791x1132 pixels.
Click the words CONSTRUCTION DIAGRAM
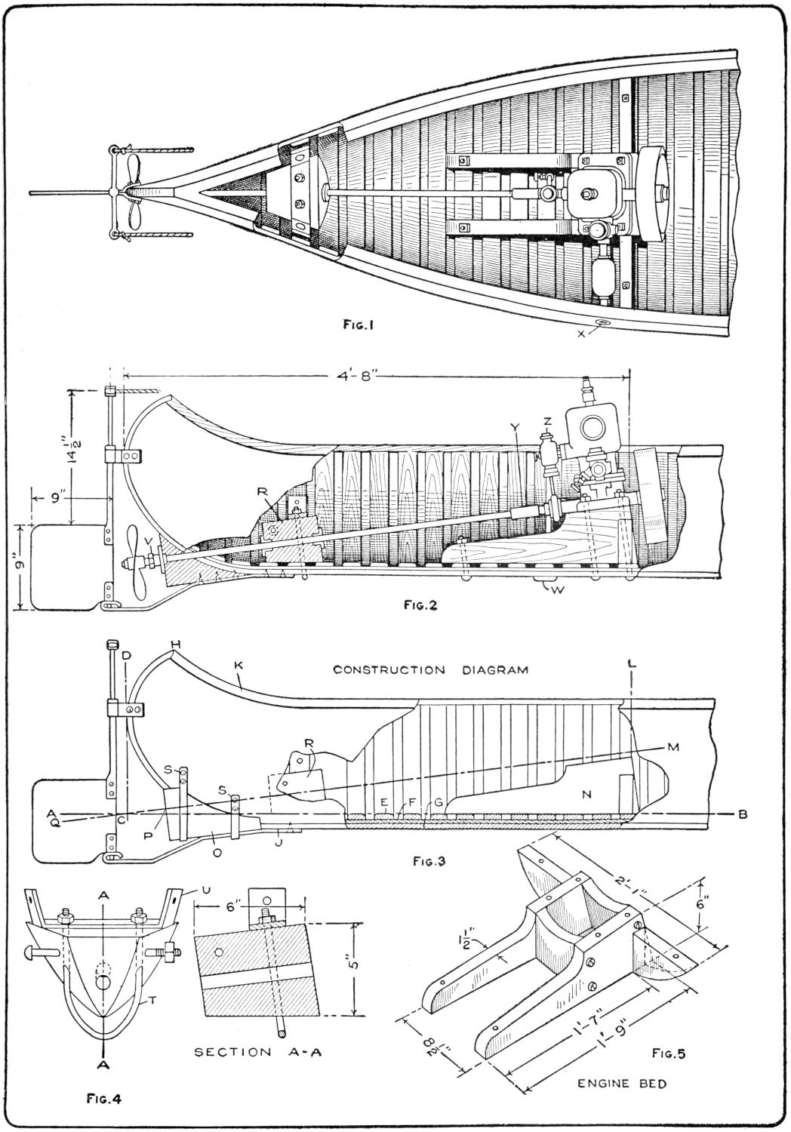pos(430,669)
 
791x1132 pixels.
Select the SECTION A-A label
pos(258,1051)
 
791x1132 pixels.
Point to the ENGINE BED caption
pos(622,1084)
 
